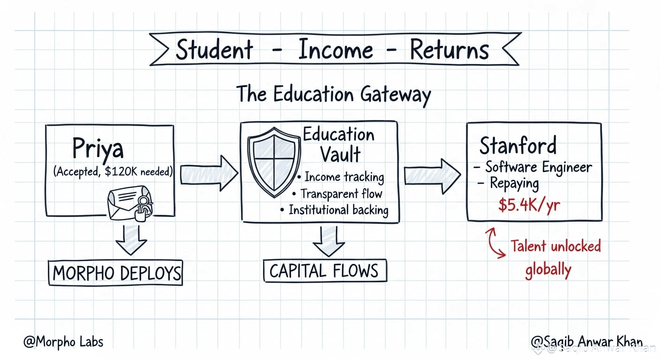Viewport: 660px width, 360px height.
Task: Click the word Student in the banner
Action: tap(214, 49)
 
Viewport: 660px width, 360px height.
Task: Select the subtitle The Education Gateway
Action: tap(333, 94)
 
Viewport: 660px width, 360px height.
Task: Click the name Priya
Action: tap(98, 149)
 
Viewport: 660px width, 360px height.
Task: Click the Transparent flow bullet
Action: tap(341, 193)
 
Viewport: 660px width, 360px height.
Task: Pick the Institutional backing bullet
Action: tap(338, 210)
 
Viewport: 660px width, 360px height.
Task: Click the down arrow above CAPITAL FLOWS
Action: tap(329, 240)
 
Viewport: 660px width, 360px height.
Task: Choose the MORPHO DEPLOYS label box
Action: tap(115, 273)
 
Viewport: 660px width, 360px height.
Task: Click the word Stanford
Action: tap(517, 146)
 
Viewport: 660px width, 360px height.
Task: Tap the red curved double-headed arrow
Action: tap(495, 243)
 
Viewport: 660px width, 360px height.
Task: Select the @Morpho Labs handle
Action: tap(63, 341)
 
